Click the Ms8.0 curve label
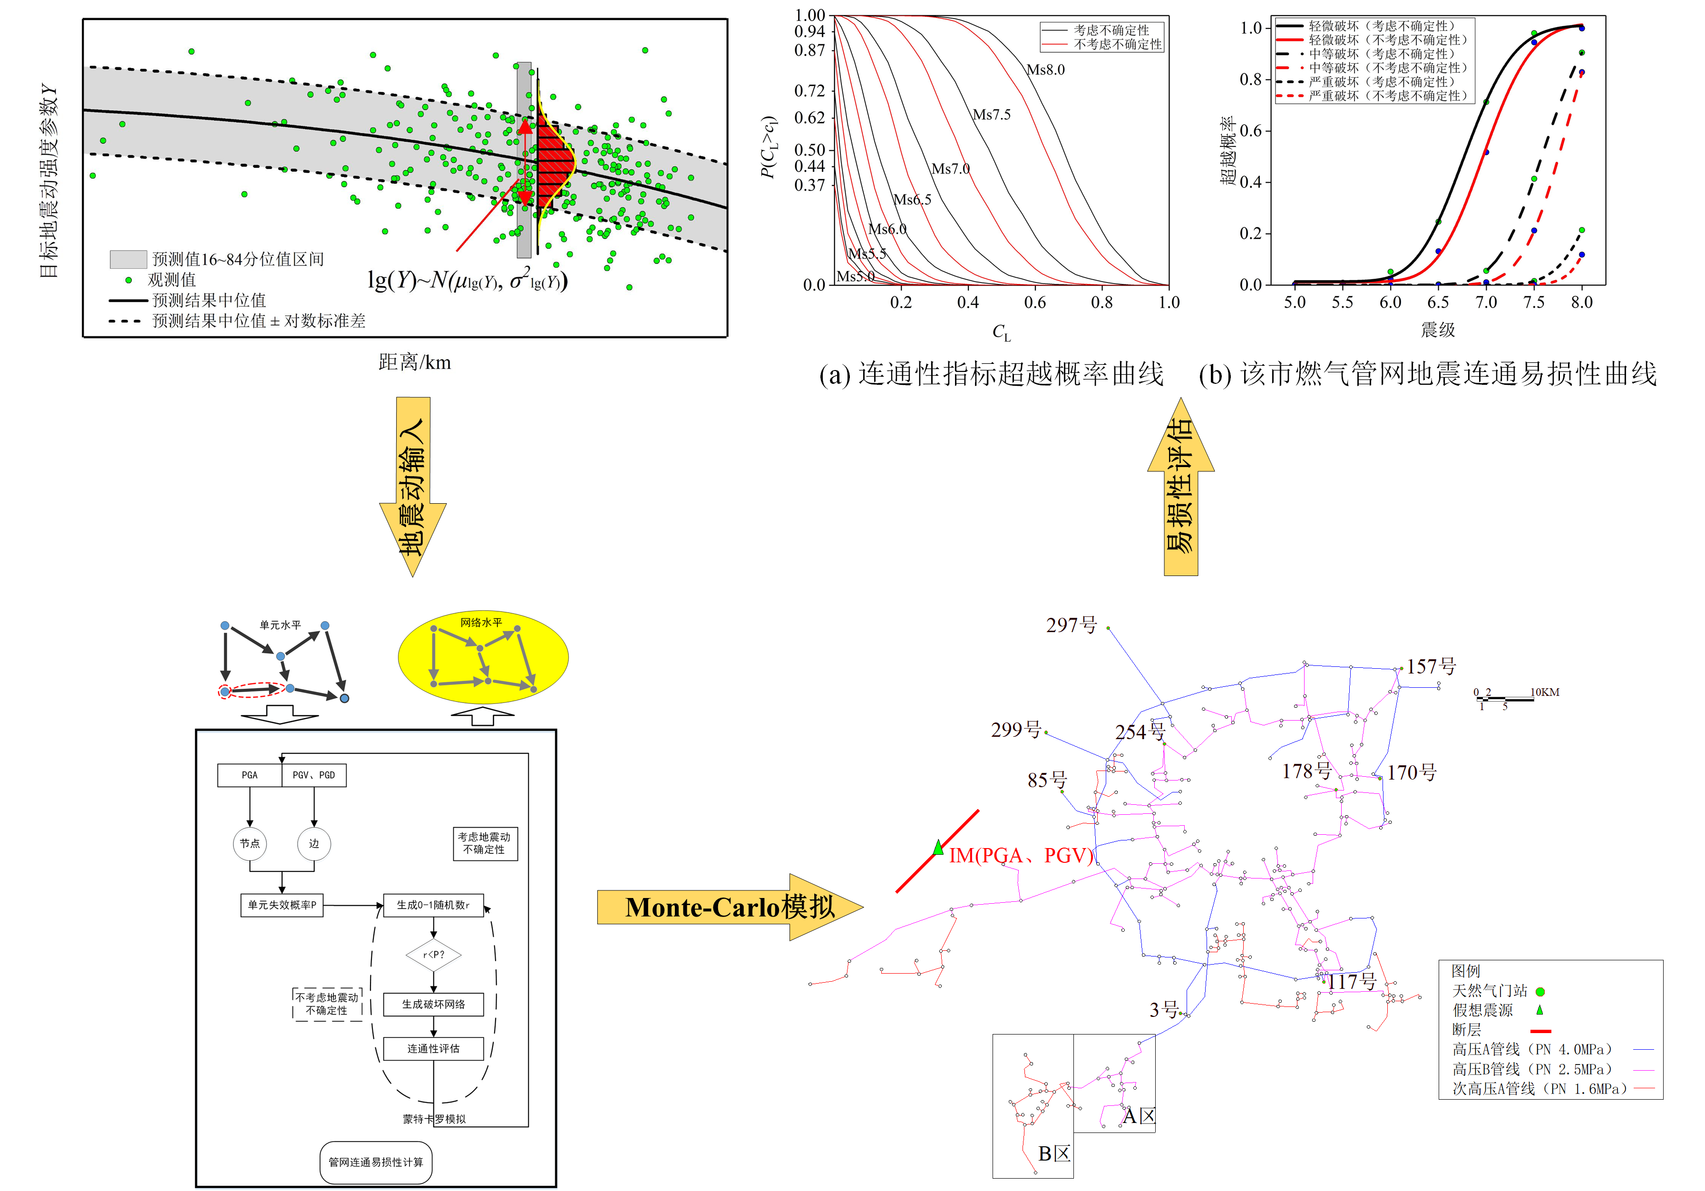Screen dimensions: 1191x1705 tap(1045, 70)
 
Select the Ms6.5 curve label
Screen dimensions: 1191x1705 tap(912, 200)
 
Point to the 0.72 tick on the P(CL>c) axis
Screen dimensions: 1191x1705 tap(809, 90)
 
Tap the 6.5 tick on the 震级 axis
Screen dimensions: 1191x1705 tap(1438, 302)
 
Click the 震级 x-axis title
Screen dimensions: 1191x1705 tap(1438, 330)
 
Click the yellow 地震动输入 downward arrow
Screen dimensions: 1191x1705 tap(413, 487)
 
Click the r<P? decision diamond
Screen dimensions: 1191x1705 tap(434, 955)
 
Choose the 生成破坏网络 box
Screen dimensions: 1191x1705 tap(434, 1004)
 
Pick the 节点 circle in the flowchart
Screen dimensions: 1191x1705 tap(250, 843)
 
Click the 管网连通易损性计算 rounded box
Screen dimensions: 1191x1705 tap(376, 1162)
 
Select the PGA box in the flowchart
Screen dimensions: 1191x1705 tap(250, 775)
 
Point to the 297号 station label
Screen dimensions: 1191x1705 tap(1071, 625)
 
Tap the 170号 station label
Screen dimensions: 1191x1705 tap(1411, 773)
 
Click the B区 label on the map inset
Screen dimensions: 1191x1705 tap(1054, 1154)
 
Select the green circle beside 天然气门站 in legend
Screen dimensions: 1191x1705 tap(1540, 991)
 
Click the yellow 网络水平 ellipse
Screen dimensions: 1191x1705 tap(483, 657)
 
